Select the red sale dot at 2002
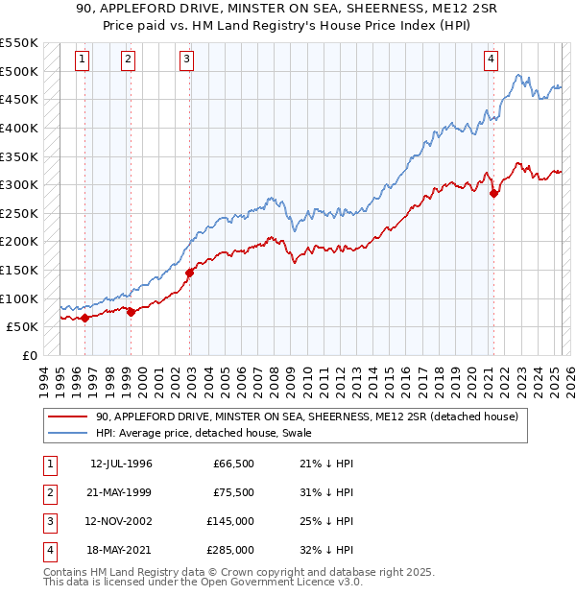pos(190,273)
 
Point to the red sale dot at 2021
pos(494,193)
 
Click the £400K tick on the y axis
pos(19,128)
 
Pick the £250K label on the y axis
pos(19,213)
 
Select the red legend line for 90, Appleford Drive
pos(68,416)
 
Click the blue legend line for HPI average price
pos(68,433)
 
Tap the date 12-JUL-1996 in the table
pos(121,464)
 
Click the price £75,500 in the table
pos(233,492)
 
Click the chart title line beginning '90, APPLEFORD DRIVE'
pos(288,11)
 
